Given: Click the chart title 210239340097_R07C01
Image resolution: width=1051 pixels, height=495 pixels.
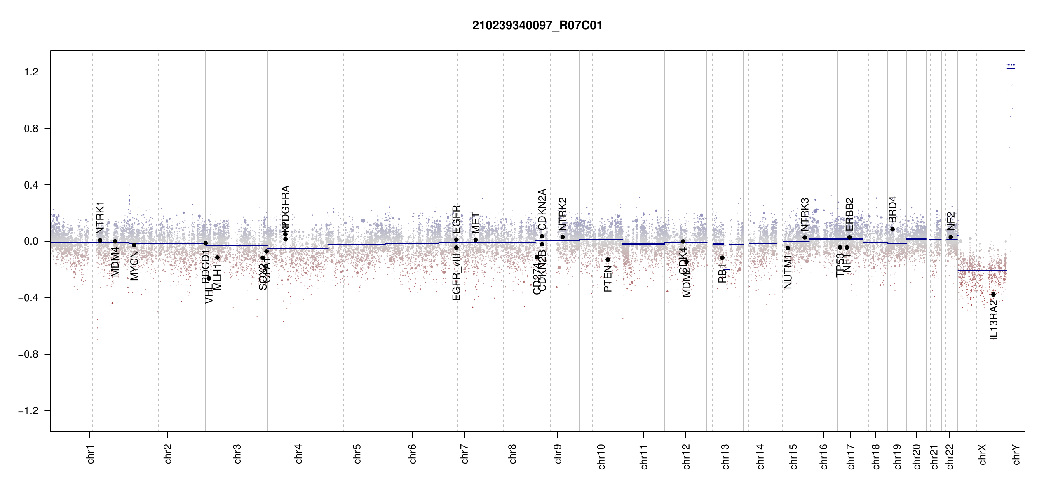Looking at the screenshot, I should (x=537, y=26).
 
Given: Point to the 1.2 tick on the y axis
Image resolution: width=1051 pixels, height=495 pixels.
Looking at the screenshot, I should (x=31, y=72).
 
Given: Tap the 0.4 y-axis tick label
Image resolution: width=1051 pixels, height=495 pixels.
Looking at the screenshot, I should (x=31, y=185).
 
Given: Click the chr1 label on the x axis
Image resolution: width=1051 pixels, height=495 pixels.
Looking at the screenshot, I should (x=91, y=454).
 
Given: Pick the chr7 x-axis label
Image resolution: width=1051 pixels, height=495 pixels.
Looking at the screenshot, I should (x=465, y=454).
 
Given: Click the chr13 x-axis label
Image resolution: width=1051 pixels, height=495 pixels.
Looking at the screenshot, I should (x=725, y=457).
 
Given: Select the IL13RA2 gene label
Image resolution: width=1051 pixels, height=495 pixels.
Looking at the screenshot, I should (x=994, y=320).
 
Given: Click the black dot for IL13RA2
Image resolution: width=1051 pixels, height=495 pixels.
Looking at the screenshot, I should (x=993, y=295).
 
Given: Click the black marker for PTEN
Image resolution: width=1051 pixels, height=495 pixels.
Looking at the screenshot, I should (x=608, y=259).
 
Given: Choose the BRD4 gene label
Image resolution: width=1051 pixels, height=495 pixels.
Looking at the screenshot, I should (x=892, y=210).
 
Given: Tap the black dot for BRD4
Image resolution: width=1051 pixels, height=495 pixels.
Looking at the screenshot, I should (x=892, y=229).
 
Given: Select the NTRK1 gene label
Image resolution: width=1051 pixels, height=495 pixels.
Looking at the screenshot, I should (x=100, y=218).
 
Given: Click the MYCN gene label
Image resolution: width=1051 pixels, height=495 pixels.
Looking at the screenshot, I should (x=134, y=266).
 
